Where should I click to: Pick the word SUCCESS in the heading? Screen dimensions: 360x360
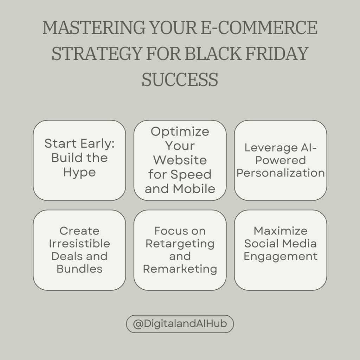click(x=180, y=79)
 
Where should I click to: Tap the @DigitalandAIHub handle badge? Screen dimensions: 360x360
click(x=180, y=324)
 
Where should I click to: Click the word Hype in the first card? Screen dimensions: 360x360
click(x=79, y=173)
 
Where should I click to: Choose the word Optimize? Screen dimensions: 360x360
click(x=180, y=131)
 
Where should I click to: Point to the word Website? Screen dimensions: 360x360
click(x=180, y=160)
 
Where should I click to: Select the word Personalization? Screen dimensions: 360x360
click(x=281, y=173)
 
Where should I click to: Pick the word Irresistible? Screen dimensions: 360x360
click(x=79, y=244)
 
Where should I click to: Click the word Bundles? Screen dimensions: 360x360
click(x=79, y=269)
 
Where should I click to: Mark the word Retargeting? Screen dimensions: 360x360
click(x=180, y=244)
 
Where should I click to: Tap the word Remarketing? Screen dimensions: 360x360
click(x=180, y=269)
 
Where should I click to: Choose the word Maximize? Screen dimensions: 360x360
click(x=281, y=231)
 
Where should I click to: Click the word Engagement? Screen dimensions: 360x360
click(x=281, y=256)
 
